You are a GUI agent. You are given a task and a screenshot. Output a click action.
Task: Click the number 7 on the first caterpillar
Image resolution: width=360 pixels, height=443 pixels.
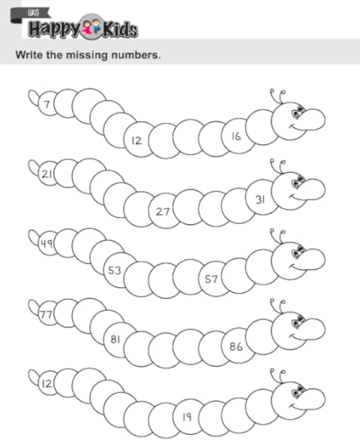[x=47, y=104]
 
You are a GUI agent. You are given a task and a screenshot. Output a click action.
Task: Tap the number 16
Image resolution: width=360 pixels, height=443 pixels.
[x=236, y=136]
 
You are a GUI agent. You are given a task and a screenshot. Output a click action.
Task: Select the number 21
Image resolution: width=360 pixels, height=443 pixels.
[x=47, y=174]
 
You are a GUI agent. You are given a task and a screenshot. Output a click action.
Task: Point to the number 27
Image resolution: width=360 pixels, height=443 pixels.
[x=162, y=212]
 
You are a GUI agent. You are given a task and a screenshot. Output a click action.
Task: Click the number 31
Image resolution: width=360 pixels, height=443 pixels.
[x=260, y=199]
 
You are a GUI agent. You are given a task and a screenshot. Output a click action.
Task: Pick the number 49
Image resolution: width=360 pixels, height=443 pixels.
[x=47, y=244]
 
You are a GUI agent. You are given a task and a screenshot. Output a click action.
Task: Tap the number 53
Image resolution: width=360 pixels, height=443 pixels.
[x=115, y=271]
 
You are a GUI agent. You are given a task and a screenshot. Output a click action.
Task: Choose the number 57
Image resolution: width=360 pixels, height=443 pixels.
[x=212, y=280]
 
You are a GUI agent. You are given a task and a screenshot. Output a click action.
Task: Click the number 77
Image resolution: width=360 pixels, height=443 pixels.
[x=47, y=314]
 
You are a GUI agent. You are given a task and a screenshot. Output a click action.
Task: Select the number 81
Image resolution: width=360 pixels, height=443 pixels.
[x=115, y=339]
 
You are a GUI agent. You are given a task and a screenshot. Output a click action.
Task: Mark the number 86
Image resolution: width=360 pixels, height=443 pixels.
[x=236, y=346]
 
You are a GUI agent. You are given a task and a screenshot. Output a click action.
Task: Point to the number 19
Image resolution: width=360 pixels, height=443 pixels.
[x=187, y=417]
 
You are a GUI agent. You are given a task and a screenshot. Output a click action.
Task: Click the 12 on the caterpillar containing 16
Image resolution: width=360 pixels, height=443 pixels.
[x=137, y=140]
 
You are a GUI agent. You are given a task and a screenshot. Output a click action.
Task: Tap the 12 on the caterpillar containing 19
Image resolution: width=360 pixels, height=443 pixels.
[x=47, y=384]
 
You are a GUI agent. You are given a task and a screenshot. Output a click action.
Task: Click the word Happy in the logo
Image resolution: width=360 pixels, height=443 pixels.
[x=54, y=30]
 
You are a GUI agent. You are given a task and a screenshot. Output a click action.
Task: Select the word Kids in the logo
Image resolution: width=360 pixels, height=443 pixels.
[x=120, y=30]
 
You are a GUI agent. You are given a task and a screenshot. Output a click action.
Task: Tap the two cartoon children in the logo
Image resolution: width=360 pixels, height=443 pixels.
[x=92, y=26]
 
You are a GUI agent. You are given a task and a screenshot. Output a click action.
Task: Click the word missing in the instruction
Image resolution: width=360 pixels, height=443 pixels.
[x=86, y=55]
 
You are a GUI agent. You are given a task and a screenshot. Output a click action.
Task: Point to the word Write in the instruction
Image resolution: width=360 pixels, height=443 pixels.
[x=29, y=54]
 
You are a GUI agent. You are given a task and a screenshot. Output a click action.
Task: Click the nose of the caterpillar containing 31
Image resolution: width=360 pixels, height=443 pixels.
[x=313, y=189]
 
